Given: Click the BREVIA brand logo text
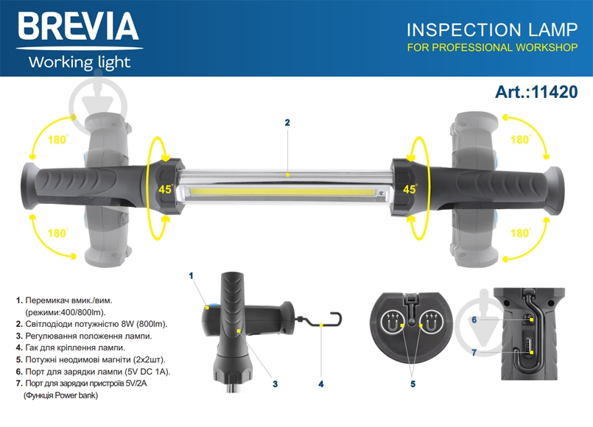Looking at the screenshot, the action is tap(78, 26).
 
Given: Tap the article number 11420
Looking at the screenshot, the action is tap(555, 92).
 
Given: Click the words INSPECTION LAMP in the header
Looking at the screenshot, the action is tap(492, 30).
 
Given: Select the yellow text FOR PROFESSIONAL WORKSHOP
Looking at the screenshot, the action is tap(492, 48).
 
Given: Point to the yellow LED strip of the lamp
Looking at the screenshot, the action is tap(283, 192).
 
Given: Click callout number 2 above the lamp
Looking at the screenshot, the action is tap(287, 122).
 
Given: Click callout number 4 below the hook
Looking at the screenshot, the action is tap(321, 384).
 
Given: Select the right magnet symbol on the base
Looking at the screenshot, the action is tap(431, 322).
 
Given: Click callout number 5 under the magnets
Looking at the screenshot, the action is tap(413, 384).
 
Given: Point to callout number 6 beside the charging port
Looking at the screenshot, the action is tap(474, 320).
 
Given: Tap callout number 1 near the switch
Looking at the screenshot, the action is tap(191, 276).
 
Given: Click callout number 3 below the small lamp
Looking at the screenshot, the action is tap(275, 384).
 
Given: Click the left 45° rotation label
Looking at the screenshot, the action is tap(166, 188).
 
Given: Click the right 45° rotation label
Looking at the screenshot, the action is tap(410, 188).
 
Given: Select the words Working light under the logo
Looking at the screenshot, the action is tap(80, 63).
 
